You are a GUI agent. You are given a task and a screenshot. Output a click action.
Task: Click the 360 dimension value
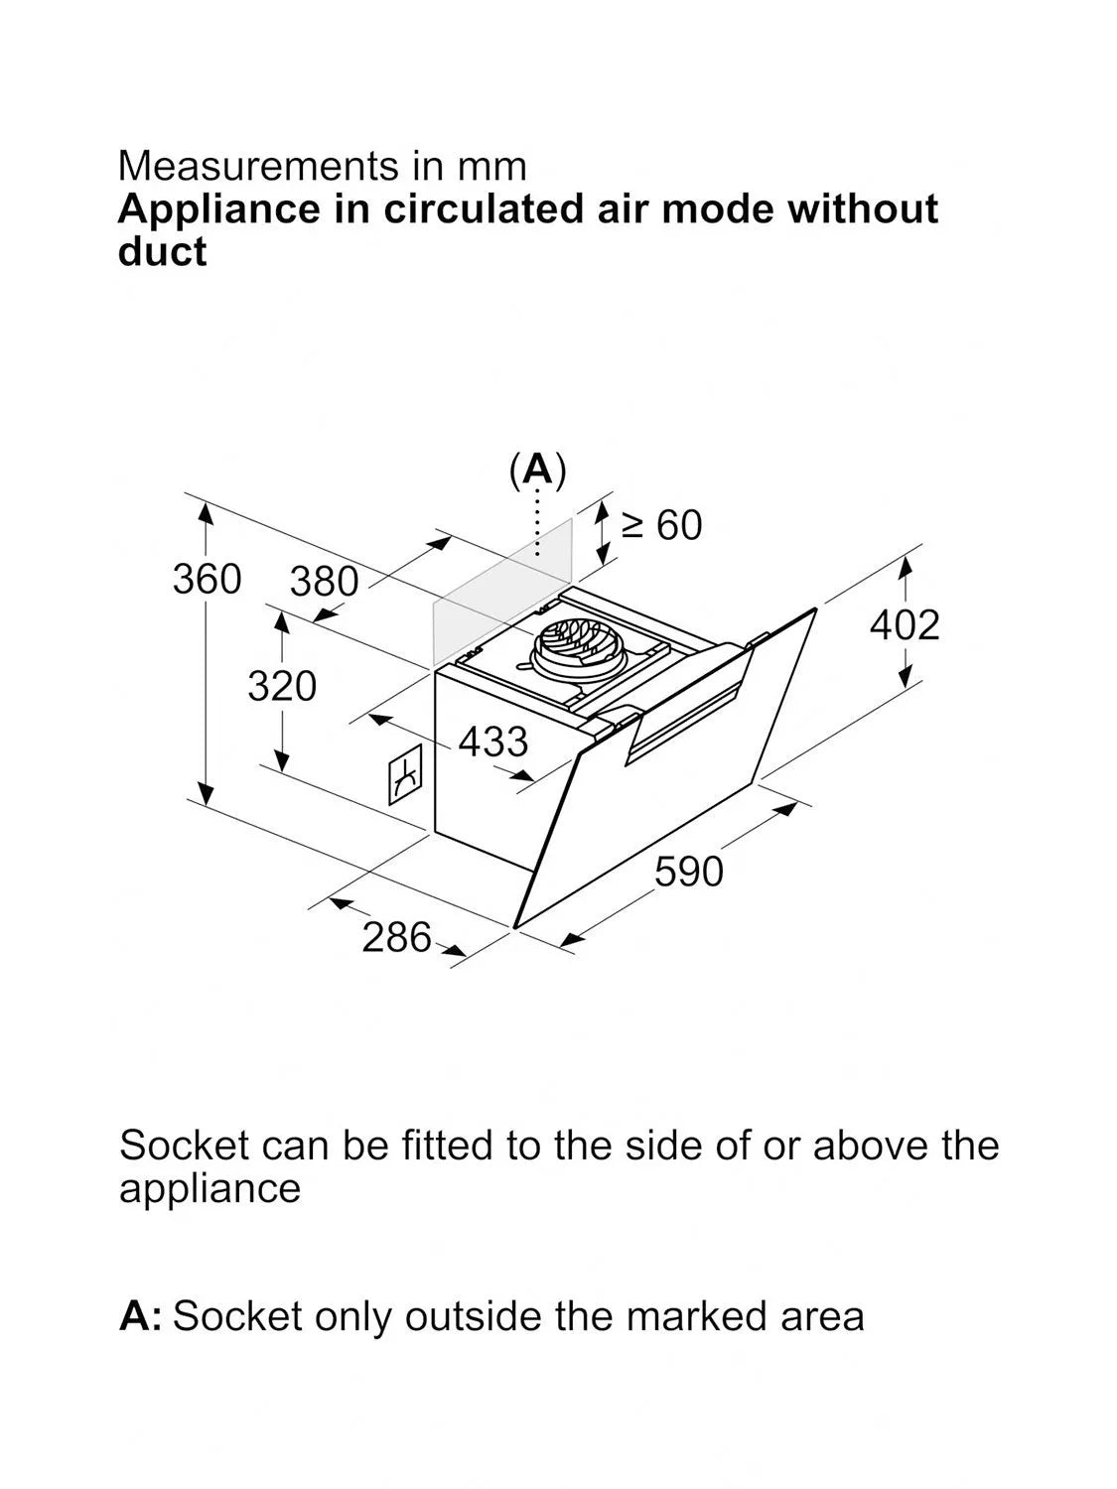207,580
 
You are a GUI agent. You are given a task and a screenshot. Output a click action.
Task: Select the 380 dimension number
325,582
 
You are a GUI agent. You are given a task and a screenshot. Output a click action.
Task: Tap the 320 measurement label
282,686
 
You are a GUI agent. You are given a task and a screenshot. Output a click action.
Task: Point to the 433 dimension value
493,742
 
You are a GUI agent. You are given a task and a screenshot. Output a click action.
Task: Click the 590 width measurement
689,872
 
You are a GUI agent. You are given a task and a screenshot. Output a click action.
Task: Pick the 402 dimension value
905,624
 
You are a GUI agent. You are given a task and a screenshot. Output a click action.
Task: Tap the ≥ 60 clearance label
662,525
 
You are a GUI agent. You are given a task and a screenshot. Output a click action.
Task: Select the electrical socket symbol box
405,774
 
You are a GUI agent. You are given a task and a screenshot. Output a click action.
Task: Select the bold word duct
162,252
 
